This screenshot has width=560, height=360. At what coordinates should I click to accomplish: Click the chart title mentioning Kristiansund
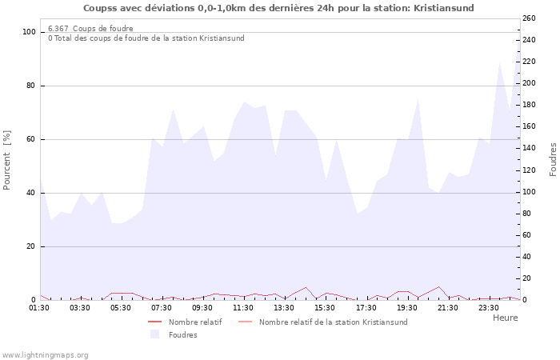point(278,8)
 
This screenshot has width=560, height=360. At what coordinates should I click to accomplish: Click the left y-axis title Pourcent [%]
point(7,160)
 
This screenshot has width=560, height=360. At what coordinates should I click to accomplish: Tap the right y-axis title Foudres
point(553,160)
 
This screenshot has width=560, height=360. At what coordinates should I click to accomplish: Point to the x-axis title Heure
point(505,318)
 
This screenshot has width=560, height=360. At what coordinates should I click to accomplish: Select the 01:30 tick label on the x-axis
point(40,307)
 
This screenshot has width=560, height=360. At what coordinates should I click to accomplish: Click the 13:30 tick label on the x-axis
point(284,307)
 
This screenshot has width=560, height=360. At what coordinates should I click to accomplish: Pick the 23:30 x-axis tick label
point(488,307)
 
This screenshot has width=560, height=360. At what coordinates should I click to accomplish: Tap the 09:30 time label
point(202,307)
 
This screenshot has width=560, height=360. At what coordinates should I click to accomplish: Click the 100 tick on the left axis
point(30,32)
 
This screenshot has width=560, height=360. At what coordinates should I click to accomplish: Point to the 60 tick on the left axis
point(32,139)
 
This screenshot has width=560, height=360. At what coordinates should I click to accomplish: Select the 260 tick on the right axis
point(529,18)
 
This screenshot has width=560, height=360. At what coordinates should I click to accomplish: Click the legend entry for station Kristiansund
point(333,322)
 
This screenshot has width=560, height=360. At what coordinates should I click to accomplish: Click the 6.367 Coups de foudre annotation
point(90,29)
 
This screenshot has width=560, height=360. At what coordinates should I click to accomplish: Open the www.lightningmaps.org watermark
point(45,355)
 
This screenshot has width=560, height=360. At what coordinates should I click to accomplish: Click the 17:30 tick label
point(366,307)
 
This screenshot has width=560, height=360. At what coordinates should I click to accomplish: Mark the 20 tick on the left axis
point(32,246)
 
